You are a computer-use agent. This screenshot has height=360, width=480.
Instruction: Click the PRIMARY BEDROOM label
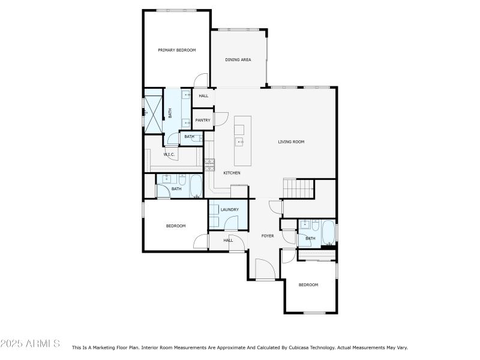click(x=177, y=50)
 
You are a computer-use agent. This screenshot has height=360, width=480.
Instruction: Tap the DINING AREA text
click(x=238, y=60)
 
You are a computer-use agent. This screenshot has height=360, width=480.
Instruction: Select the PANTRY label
click(x=203, y=120)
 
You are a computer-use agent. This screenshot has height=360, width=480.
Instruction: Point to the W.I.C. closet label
click(x=169, y=155)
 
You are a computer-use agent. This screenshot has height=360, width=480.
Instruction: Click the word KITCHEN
click(x=232, y=173)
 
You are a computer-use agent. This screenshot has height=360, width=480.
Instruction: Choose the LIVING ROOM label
click(x=291, y=142)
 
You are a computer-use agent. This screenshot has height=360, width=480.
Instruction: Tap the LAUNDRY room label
click(x=229, y=209)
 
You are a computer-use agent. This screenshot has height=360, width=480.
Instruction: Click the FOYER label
click(x=268, y=236)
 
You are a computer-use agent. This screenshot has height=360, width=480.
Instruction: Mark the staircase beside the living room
click(x=299, y=188)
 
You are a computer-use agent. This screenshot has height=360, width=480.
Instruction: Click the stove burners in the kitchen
click(x=209, y=164)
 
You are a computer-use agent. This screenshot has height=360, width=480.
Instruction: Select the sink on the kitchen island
click(x=239, y=142)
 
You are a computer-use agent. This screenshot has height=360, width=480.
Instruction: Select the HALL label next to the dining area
click(x=203, y=96)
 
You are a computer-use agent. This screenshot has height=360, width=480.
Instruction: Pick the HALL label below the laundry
click(x=228, y=240)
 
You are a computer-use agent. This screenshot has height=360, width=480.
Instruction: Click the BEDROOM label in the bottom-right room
click(x=308, y=284)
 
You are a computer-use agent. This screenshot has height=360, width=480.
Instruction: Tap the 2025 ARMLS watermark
click(x=30, y=343)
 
